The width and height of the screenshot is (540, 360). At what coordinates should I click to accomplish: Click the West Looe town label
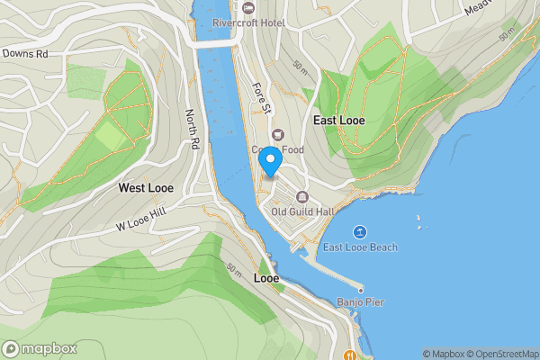pos(146,188)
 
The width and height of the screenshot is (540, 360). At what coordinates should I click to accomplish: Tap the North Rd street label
pos(191,130)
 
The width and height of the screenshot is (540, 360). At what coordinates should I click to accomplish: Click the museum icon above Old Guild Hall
pos(301,197)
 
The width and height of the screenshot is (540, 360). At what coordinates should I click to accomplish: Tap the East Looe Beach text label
pos(360,247)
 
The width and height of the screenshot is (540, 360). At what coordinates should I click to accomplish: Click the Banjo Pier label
pos(361,302)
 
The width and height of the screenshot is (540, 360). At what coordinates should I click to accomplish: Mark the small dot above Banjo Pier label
pos(360,289)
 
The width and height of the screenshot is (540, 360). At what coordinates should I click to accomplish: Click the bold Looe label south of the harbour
pos(265,278)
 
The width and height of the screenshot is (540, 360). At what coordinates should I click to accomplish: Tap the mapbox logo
pos(40,348)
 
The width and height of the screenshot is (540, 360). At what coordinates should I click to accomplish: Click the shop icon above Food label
pos(277,134)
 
